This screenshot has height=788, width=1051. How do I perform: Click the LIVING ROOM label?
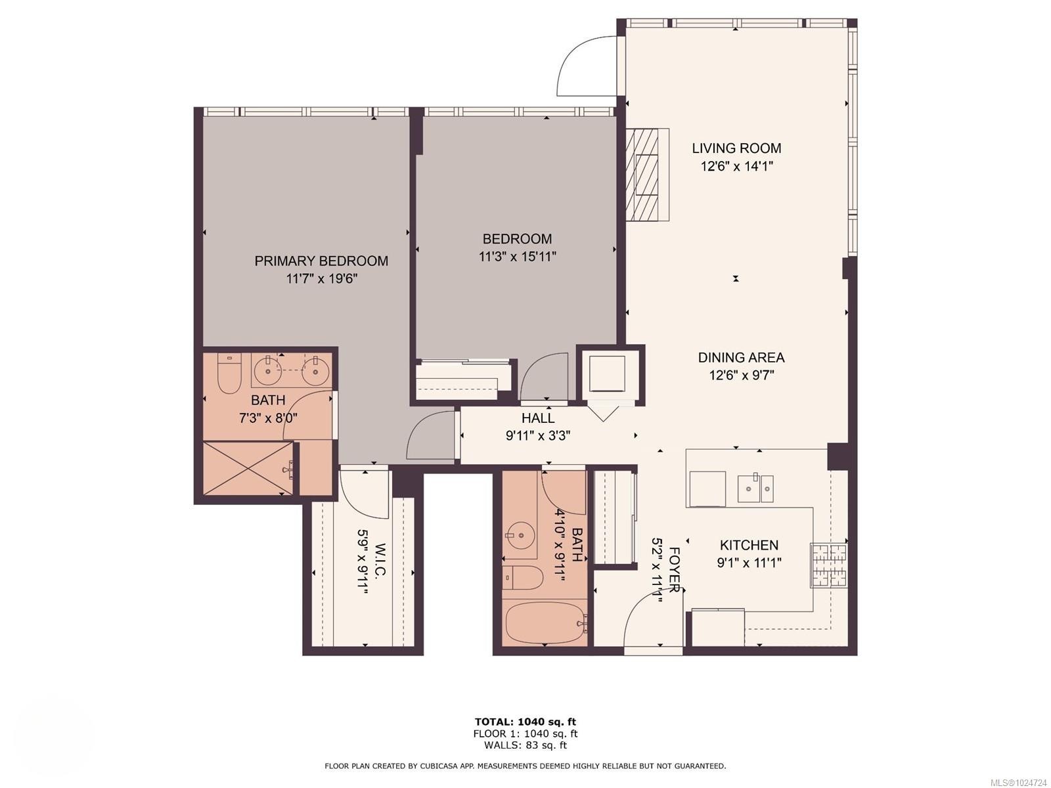pyautogui.click(x=736, y=148)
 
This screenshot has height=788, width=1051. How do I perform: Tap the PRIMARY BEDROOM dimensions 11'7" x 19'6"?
pyautogui.click(x=321, y=278)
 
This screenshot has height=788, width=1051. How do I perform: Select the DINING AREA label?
pyautogui.click(x=741, y=358)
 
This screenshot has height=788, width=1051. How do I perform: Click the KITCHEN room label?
pyautogui.click(x=749, y=545)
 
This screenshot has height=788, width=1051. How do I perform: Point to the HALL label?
pyautogui.click(x=538, y=418)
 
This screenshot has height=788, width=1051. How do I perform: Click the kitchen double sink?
pyautogui.click(x=755, y=488)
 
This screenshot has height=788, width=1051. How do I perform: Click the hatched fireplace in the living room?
pyautogui.click(x=642, y=175)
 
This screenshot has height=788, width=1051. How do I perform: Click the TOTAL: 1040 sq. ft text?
pyautogui.click(x=525, y=722)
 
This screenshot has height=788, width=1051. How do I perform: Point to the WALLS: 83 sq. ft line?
pyautogui.click(x=525, y=745)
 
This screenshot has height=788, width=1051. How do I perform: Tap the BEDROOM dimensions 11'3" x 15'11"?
pyautogui.click(x=518, y=257)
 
